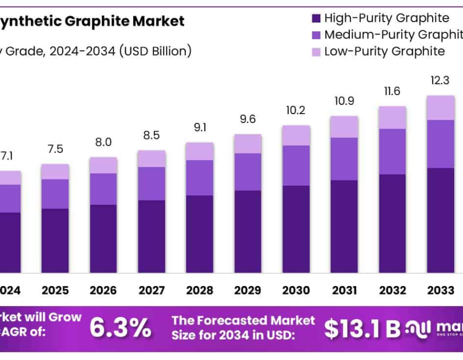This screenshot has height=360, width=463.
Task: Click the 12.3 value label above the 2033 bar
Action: (440, 80)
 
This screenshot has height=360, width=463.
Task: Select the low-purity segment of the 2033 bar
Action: (440, 107)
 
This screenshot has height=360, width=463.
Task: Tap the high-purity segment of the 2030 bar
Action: (296, 229)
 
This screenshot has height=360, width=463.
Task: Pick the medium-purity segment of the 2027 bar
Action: (152, 183)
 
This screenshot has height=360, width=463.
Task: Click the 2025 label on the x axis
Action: (55, 290)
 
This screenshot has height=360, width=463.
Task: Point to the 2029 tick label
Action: (247, 290)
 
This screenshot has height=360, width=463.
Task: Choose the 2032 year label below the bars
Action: (393, 290)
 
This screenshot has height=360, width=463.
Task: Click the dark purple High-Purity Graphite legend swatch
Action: (316, 19)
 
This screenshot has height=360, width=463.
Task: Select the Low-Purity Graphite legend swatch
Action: (316, 51)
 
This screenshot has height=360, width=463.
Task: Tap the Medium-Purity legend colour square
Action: (316, 35)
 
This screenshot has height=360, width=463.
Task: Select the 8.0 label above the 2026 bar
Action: (103, 142)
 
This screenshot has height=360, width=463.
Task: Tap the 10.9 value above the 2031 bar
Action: (344, 101)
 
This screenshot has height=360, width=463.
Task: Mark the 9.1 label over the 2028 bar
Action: (200, 127)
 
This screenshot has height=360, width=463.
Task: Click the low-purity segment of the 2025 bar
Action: (55, 172)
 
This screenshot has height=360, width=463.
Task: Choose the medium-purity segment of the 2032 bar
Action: (393, 151)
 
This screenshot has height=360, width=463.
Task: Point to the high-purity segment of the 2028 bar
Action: (200, 233)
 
